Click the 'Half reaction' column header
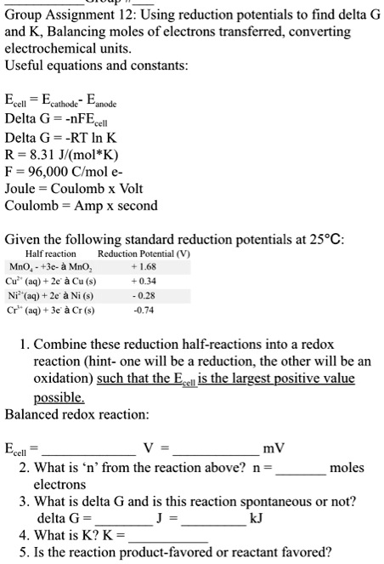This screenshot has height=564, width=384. [x=51, y=253]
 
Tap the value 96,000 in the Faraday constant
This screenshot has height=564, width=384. [x=49, y=172]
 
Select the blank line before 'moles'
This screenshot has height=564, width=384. [x=300, y=469]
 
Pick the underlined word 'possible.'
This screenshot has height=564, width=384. [x=60, y=397]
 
